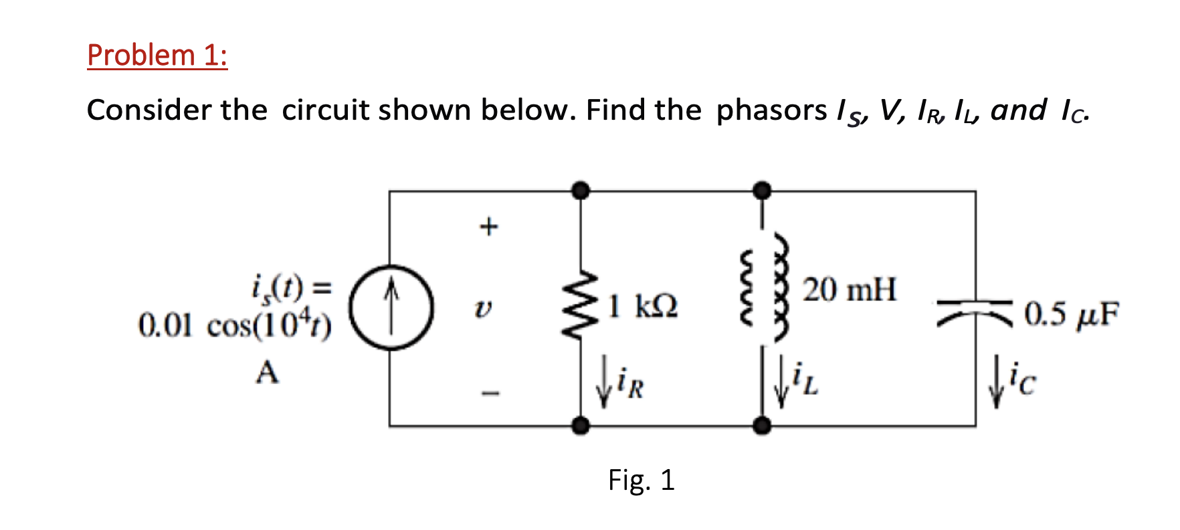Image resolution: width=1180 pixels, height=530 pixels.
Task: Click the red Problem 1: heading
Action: pyautogui.click(x=157, y=55)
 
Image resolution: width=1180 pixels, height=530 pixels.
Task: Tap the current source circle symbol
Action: pyautogui.click(x=392, y=308)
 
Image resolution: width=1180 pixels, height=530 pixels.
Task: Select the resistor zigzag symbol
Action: pyautogui.click(x=581, y=305)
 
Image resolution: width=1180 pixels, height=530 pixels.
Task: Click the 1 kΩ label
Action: pyautogui.click(x=643, y=306)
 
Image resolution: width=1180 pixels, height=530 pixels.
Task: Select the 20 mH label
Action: pyautogui.click(x=849, y=290)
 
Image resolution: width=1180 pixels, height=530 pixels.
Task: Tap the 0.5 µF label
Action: pyautogui.click(x=1071, y=315)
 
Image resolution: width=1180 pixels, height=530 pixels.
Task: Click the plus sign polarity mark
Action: pyautogui.click(x=489, y=226)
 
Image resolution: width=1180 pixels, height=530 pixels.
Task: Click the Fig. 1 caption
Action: pyautogui.click(x=641, y=480)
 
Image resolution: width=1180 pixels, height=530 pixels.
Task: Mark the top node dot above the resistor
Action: pyautogui.click(x=581, y=191)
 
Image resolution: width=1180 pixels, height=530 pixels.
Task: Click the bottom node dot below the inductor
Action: pyautogui.click(x=761, y=425)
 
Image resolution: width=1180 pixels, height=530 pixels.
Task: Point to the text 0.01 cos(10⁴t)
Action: pyautogui.click(x=234, y=326)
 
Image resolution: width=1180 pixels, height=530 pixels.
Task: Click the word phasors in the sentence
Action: pyautogui.click(x=771, y=110)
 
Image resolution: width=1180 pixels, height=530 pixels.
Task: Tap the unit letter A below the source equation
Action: pyautogui.click(x=267, y=372)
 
